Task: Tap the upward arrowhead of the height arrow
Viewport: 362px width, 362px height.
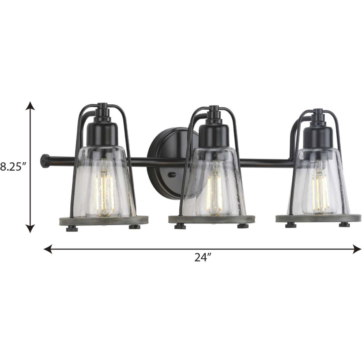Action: point(29,105)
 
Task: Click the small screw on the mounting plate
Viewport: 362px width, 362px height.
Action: point(173,174)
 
